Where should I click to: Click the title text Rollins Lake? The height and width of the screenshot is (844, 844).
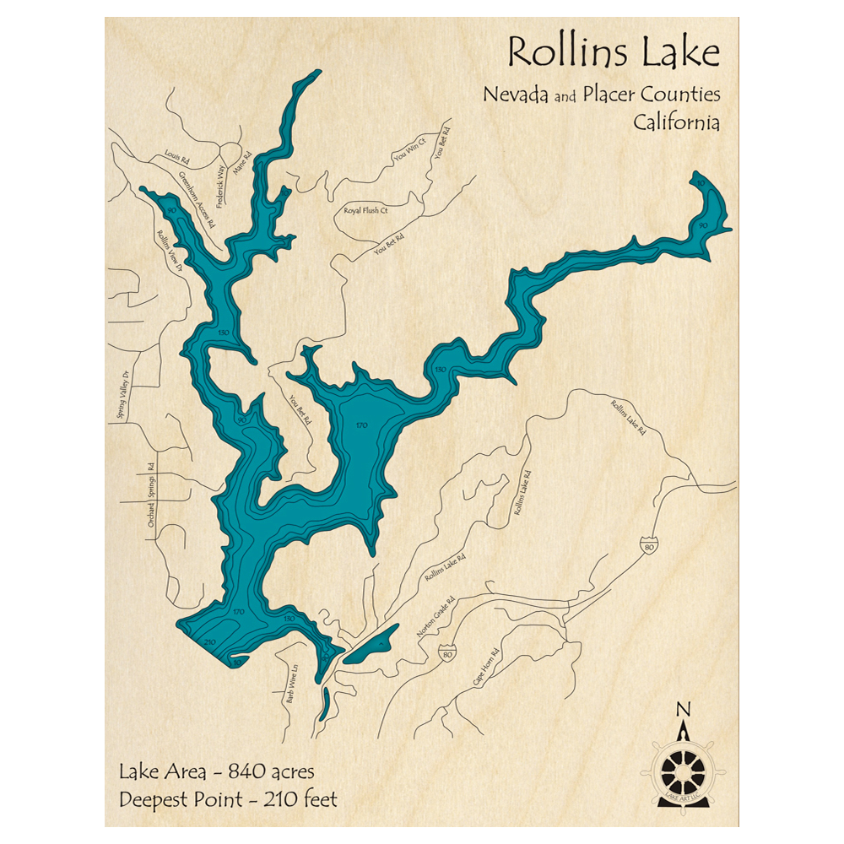tap(614, 54)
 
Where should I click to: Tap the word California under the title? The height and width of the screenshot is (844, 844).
tap(677, 122)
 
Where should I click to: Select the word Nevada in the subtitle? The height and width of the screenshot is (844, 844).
tap(515, 95)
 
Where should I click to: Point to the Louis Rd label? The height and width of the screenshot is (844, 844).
tap(176, 155)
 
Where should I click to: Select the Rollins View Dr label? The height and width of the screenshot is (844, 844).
tap(170, 251)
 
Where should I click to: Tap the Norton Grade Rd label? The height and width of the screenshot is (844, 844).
tap(435, 617)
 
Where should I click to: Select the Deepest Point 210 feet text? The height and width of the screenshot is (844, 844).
tap(228, 798)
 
